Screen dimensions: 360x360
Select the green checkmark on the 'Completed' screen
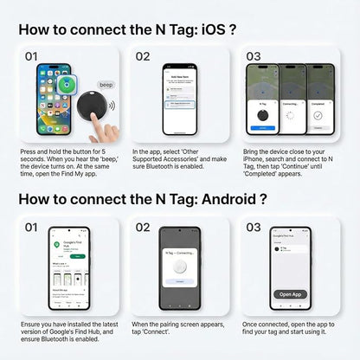[324, 112]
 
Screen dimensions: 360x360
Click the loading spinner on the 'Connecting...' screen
[292, 112]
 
